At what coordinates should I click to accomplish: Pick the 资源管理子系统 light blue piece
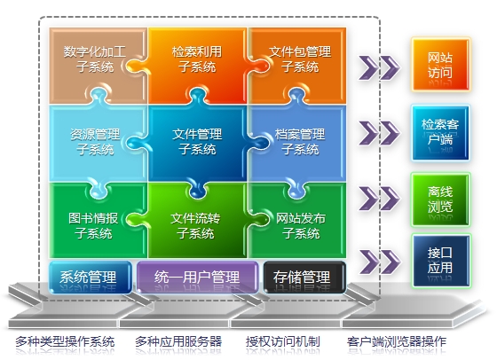click(x=95, y=143)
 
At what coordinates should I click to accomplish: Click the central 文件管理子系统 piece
click(x=197, y=143)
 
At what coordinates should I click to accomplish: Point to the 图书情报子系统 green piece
click(x=95, y=225)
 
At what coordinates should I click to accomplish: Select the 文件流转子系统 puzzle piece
click(x=197, y=225)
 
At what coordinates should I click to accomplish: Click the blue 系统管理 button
click(x=91, y=277)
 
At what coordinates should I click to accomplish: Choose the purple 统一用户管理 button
click(x=197, y=277)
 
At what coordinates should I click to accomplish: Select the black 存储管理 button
click(x=304, y=277)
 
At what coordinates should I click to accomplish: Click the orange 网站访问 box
click(x=440, y=65)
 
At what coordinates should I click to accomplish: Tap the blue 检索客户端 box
click(x=440, y=132)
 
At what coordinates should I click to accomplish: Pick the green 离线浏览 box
click(x=440, y=200)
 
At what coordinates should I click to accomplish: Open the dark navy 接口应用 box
click(x=441, y=261)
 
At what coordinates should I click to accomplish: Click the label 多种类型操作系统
click(x=65, y=341)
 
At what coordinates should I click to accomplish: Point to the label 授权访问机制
click(x=283, y=341)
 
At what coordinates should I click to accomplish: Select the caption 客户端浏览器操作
click(x=396, y=341)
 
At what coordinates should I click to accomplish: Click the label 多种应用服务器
click(x=178, y=341)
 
